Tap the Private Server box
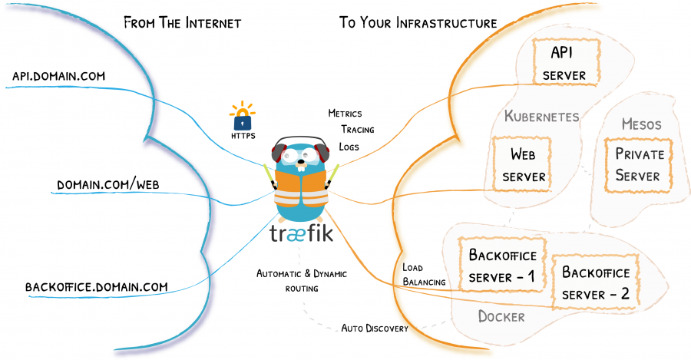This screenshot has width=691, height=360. click(x=637, y=164)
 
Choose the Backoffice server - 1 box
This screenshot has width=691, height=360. click(x=498, y=265)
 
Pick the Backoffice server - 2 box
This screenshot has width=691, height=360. click(x=595, y=282)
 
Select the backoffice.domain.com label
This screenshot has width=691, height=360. click(x=96, y=287)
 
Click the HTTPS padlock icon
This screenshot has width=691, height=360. click(x=243, y=117)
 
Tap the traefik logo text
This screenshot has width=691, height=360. click(x=301, y=233)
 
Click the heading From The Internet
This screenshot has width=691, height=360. click(x=182, y=22)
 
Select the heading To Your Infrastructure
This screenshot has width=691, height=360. click(x=418, y=22)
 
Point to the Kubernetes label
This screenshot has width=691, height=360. click(x=541, y=116)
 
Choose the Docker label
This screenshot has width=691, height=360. click(x=501, y=316)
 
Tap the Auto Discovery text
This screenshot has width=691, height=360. click(x=375, y=329)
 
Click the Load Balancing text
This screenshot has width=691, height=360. click(x=424, y=275)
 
